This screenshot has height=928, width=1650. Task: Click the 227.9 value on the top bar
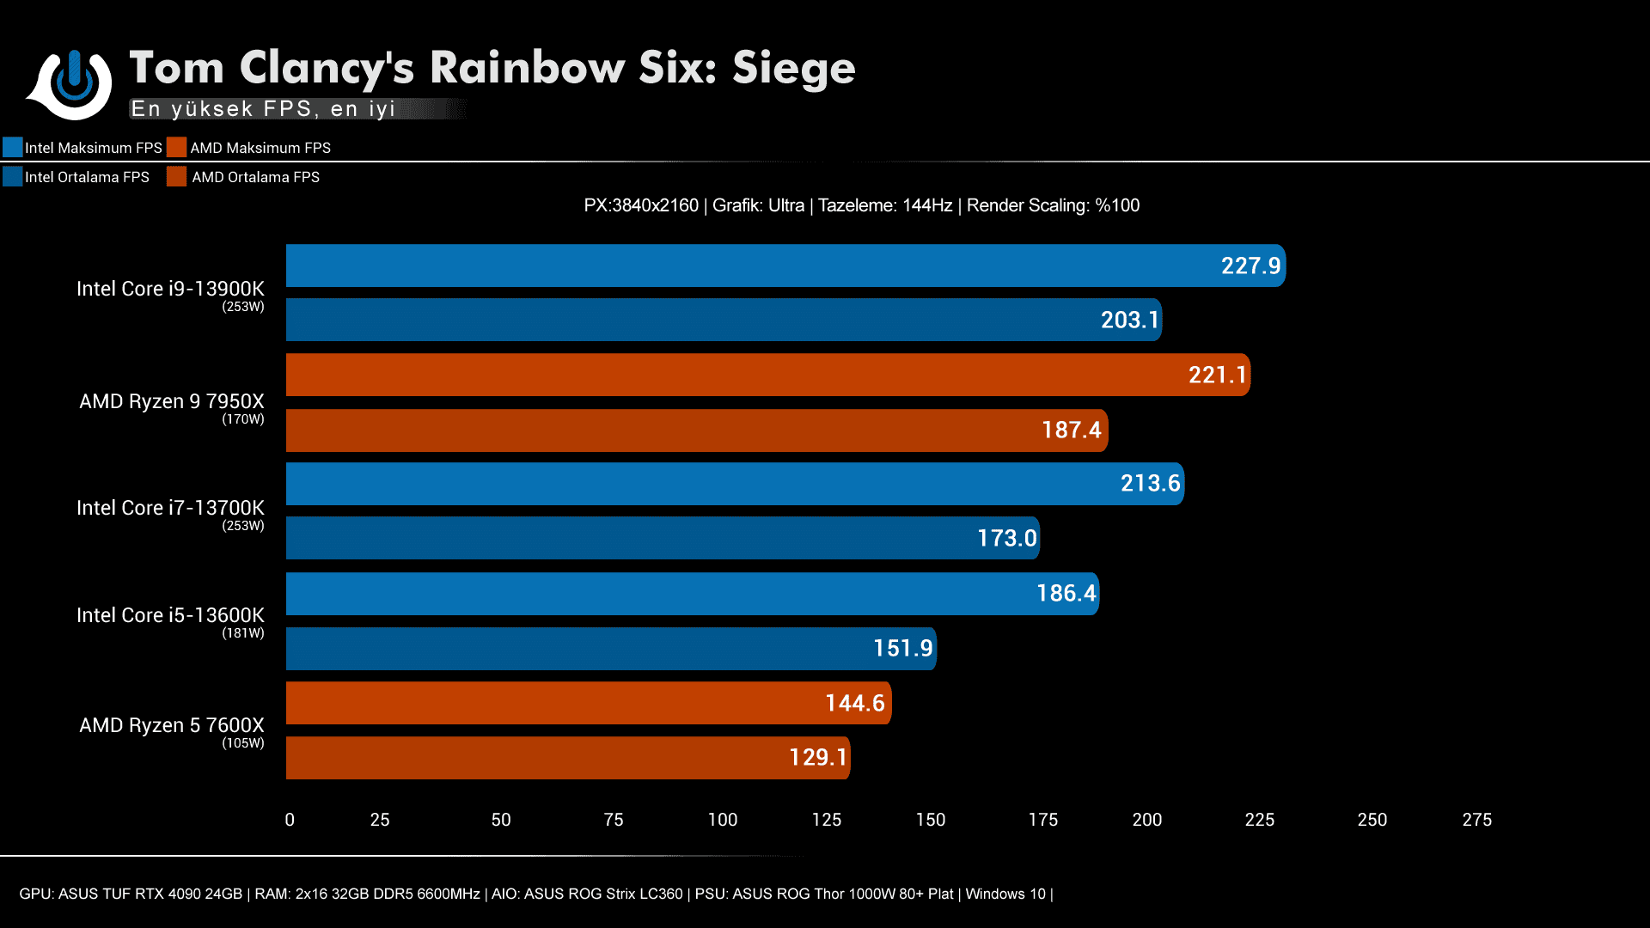[1250, 266]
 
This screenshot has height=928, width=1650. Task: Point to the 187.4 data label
[1071, 430]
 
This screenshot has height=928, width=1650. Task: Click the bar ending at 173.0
[662, 538]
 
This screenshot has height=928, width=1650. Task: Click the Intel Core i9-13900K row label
[170, 289]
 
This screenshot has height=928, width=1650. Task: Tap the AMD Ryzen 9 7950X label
[172, 401]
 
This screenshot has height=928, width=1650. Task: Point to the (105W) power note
[243, 743]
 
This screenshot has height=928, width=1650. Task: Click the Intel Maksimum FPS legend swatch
[13, 147]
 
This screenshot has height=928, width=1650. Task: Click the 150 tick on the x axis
[930, 820]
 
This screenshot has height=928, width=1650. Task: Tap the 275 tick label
[1476, 820]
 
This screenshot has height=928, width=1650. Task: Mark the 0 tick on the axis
[290, 820]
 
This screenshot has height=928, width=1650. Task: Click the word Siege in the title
[793, 69]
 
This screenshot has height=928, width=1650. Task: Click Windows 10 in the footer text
[1005, 894]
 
